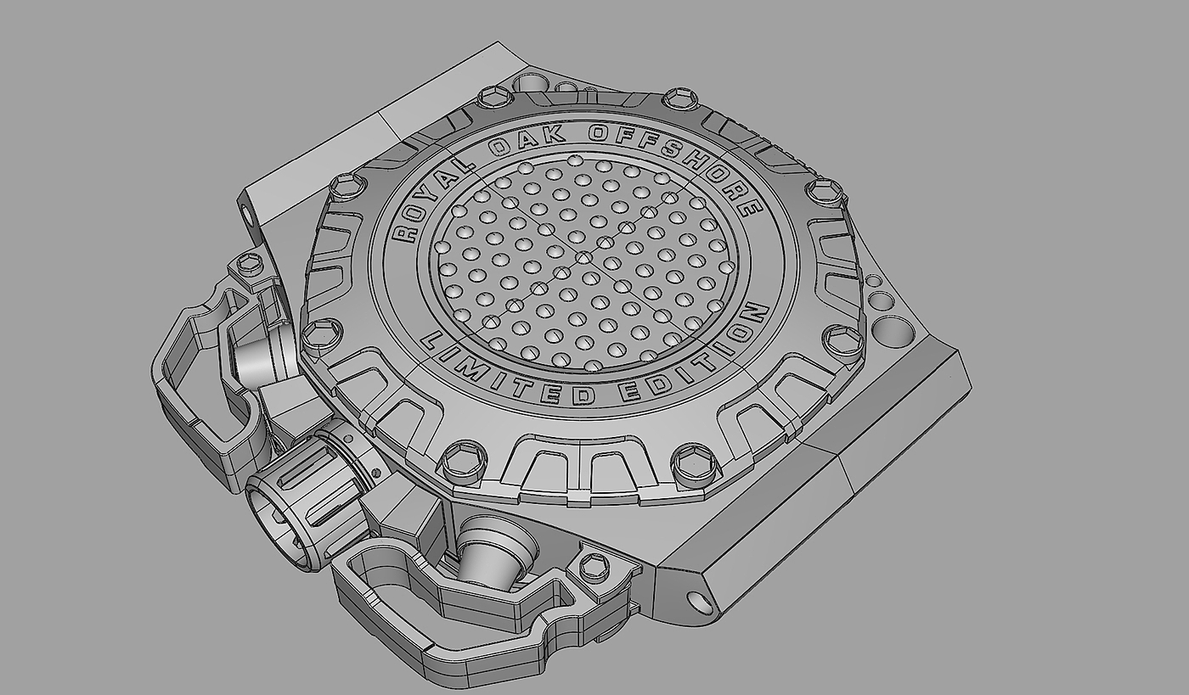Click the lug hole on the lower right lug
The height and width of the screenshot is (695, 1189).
point(700,603)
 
